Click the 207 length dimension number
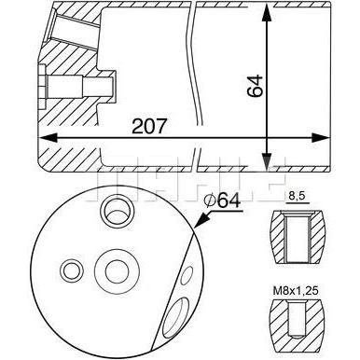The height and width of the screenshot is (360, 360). (149, 126)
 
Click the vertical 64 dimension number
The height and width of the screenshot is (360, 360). (255, 86)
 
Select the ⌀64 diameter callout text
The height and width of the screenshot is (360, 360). (222, 201)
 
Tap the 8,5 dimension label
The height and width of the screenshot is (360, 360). (297, 197)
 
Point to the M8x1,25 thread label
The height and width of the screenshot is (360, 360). (296, 291)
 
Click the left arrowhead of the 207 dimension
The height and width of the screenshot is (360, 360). (48, 138)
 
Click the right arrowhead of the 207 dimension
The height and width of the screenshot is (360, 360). (320, 138)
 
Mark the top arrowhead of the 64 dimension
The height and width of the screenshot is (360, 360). (266, 12)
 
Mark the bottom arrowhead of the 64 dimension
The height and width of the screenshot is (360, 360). (266, 161)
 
